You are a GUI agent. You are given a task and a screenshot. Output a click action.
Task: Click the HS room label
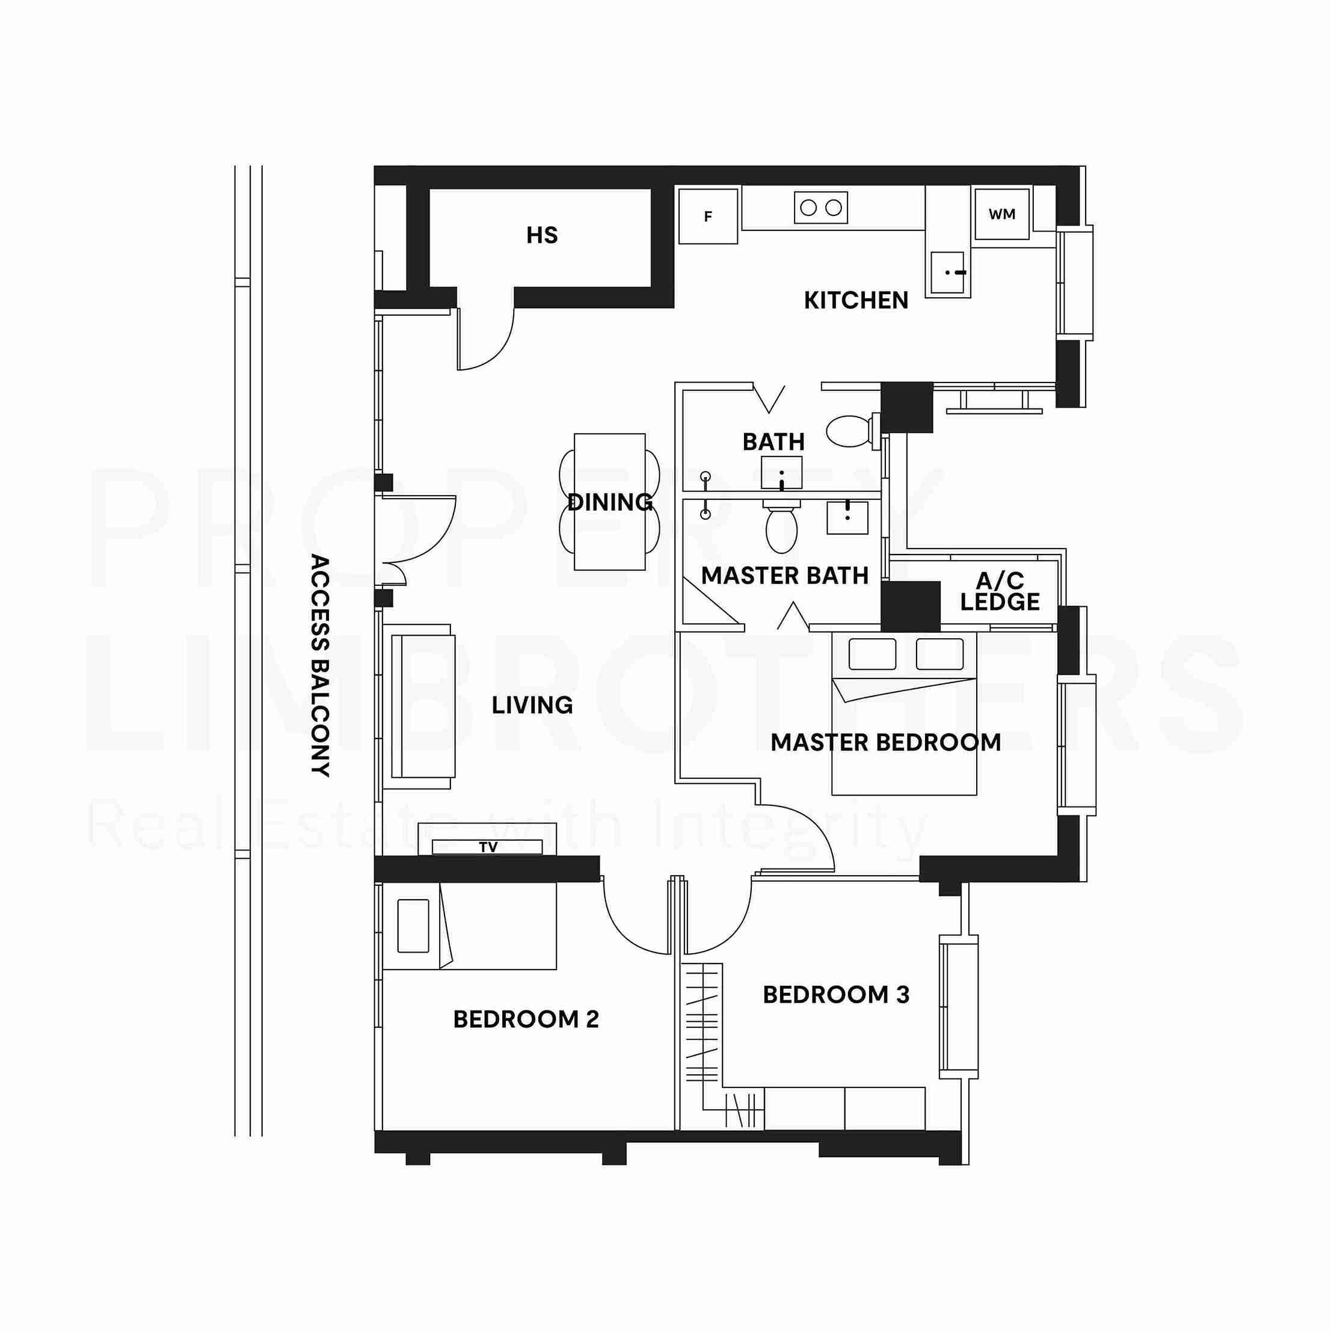coord(541,236)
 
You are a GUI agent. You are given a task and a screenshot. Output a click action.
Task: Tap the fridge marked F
coord(709,217)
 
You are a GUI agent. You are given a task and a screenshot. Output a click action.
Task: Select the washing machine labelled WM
coord(1001,214)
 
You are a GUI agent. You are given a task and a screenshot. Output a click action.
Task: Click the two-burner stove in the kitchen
coord(820,207)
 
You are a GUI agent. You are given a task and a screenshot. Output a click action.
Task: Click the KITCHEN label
coord(856,300)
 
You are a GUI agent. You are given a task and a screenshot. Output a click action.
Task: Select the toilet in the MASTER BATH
coord(781,526)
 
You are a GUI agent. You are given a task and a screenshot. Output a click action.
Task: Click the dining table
coord(610,502)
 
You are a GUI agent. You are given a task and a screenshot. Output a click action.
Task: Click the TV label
coord(488,847)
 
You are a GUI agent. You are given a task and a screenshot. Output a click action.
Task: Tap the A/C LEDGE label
coord(1000,591)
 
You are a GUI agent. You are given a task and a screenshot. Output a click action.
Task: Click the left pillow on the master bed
coord(872,654)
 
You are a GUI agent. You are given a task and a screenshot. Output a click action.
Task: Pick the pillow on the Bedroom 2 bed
coord(413,926)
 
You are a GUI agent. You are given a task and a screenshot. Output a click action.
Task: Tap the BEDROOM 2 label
coord(526,1019)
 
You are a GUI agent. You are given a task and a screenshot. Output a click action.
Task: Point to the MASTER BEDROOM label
coord(886,743)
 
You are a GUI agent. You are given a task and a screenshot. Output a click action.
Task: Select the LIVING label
coord(532,705)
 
